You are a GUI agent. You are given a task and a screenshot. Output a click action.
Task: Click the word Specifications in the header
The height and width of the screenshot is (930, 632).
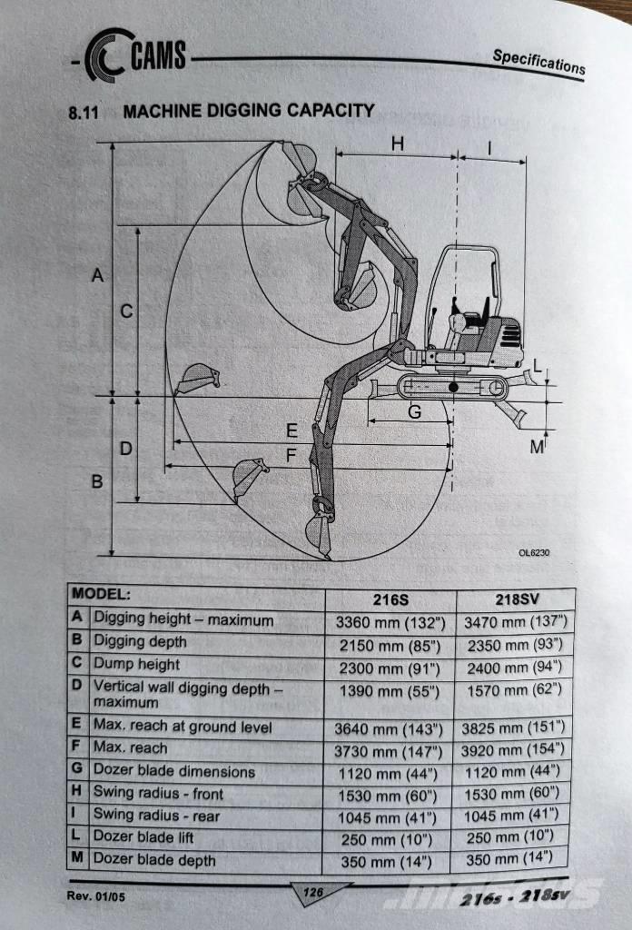point(538,62)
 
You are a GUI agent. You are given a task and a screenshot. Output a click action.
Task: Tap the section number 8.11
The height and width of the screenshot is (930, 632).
point(84,114)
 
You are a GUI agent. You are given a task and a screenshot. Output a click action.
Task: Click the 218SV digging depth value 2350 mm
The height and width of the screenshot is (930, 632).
point(515,646)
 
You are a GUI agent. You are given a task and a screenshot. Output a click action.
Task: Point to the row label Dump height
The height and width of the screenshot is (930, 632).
point(137,664)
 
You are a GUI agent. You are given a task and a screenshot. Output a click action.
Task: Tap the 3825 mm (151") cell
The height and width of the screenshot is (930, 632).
point(515,728)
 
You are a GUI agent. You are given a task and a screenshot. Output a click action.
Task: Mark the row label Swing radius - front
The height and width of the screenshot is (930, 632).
point(158,793)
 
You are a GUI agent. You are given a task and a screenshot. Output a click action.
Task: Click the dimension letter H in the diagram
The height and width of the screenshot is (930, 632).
point(398,143)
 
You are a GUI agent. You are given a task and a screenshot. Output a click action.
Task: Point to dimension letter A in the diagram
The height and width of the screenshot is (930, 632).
point(98,275)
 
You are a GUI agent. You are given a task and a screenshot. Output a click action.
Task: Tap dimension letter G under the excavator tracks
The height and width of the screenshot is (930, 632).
point(413,411)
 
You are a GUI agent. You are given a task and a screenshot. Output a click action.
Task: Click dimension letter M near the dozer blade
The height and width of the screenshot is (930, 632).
point(537,447)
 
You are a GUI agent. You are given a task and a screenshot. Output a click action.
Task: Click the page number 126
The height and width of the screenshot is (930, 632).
point(313,894)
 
